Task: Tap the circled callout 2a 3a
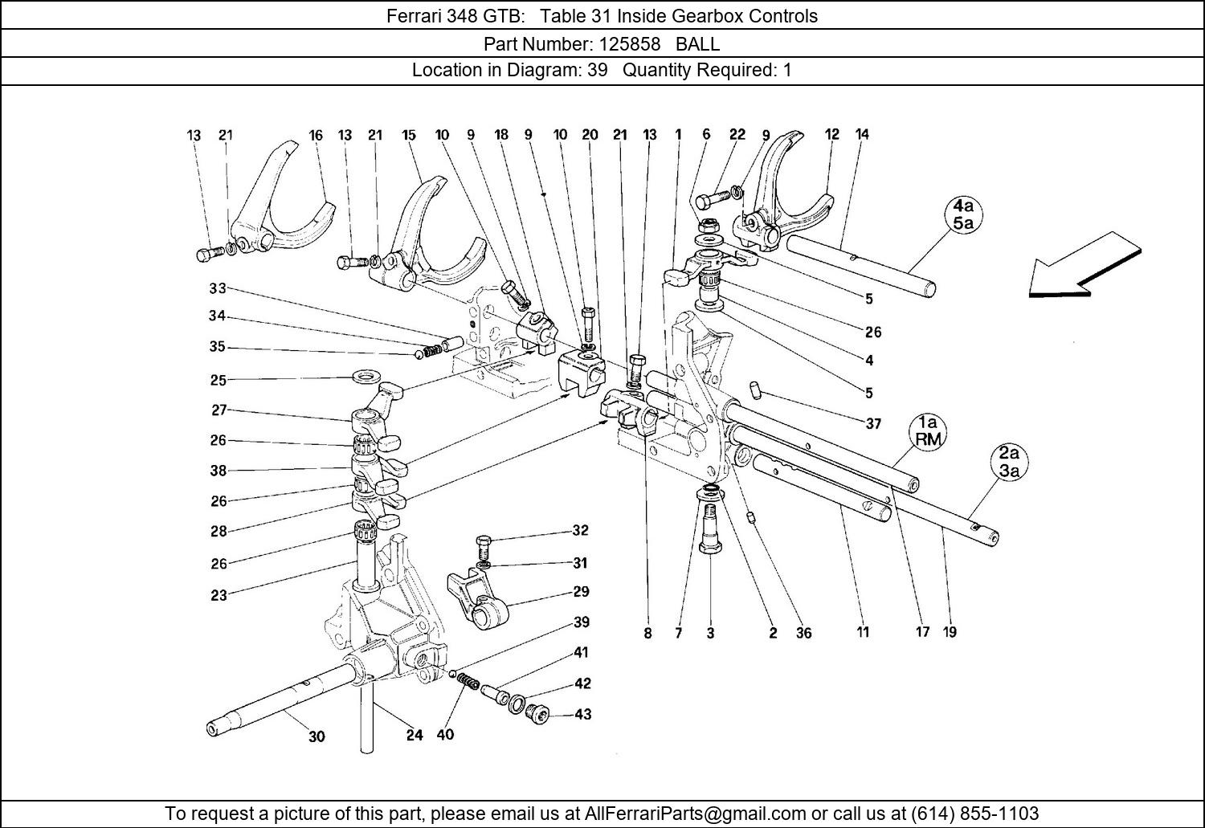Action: [1009, 463]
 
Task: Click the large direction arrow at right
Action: [1084, 265]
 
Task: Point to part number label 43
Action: [582, 714]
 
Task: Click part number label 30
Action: [317, 736]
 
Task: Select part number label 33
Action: [218, 288]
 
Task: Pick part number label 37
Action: [873, 424]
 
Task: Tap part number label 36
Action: [803, 633]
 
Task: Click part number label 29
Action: [582, 592]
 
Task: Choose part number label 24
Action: [415, 735]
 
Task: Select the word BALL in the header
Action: [698, 43]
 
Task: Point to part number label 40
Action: [445, 734]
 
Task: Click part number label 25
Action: [218, 380]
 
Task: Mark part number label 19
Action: [950, 632]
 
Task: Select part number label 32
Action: [581, 530]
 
